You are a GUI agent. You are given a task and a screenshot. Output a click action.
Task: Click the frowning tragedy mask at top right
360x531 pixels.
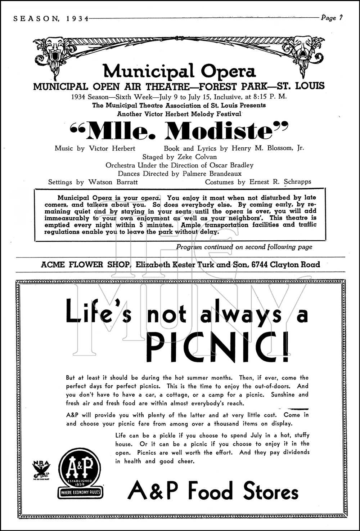(x=304, y=48)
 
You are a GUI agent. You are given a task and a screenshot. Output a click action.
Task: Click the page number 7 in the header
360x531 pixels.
(x=341, y=18)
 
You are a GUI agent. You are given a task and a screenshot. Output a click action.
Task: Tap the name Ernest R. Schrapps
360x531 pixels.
(x=280, y=182)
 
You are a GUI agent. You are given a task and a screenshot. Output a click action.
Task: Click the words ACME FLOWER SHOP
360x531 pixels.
(x=85, y=265)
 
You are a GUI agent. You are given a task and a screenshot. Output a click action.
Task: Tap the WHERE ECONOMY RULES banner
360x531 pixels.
(x=80, y=492)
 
